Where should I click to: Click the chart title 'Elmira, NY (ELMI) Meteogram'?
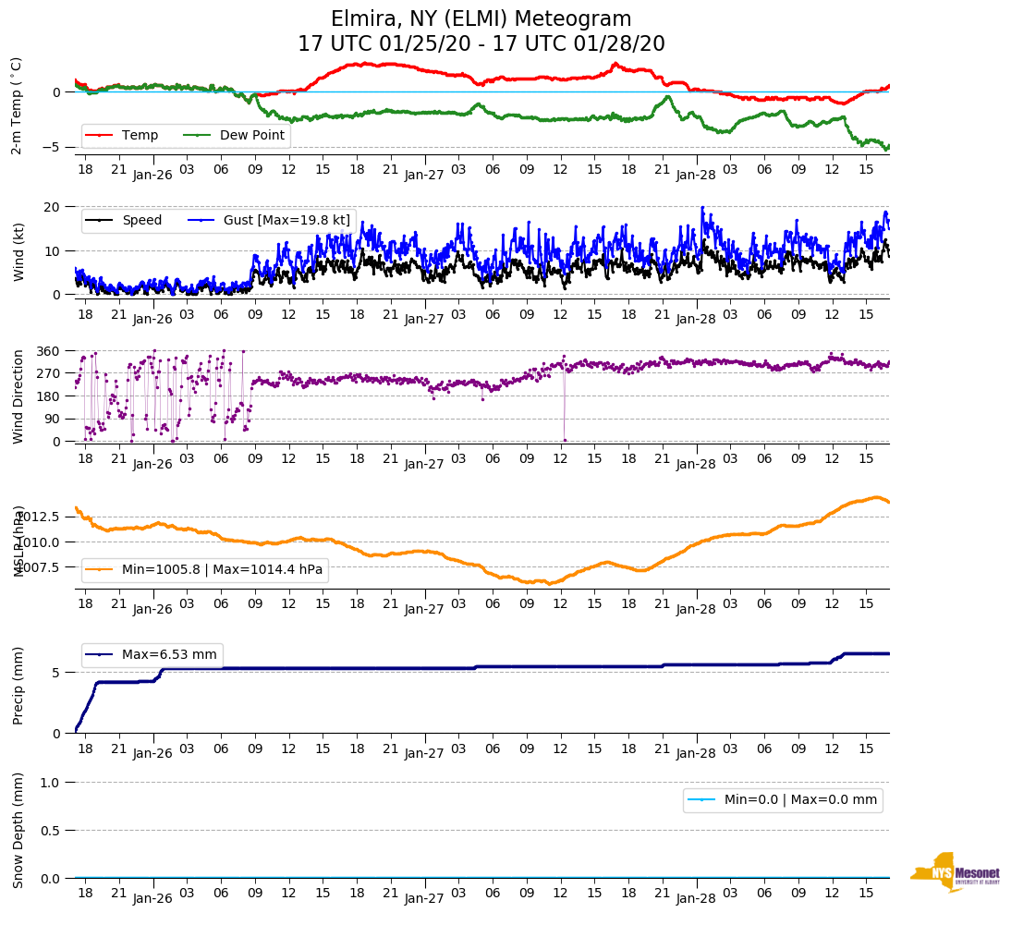pyautogui.click(x=481, y=19)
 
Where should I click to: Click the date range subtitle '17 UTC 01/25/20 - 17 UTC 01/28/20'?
pyautogui.click(x=481, y=44)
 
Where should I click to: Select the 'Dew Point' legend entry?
pyautogui.click(x=252, y=136)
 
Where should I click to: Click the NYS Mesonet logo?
pyautogui.click(x=955, y=872)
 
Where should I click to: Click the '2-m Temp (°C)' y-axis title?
pyautogui.click(x=16, y=105)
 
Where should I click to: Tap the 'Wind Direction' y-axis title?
pyautogui.click(x=18, y=396)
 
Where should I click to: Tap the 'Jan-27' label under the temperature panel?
pyautogui.click(x=424, y=174)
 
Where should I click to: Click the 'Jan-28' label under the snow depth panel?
pyautogui.click(x=696, y=898)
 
